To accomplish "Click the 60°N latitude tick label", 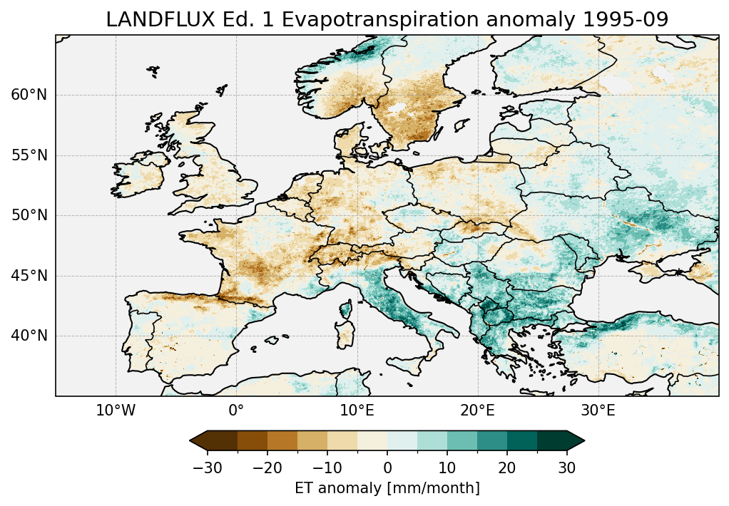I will tap(29, 95).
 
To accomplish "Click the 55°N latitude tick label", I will tap(29, 155).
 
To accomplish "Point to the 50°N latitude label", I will tap(29, 215).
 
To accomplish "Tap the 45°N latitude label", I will tap(29, 276).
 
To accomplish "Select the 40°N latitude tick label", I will tap(29, 336).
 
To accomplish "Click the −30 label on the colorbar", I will tap(208, 468).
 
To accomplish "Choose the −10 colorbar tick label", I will tap(327, 468).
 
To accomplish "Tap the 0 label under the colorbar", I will tap(387, 468).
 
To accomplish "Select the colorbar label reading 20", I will tap(507, 468).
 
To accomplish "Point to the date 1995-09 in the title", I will tap(626, 20).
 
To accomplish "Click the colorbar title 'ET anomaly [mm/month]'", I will tap(387, 488).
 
